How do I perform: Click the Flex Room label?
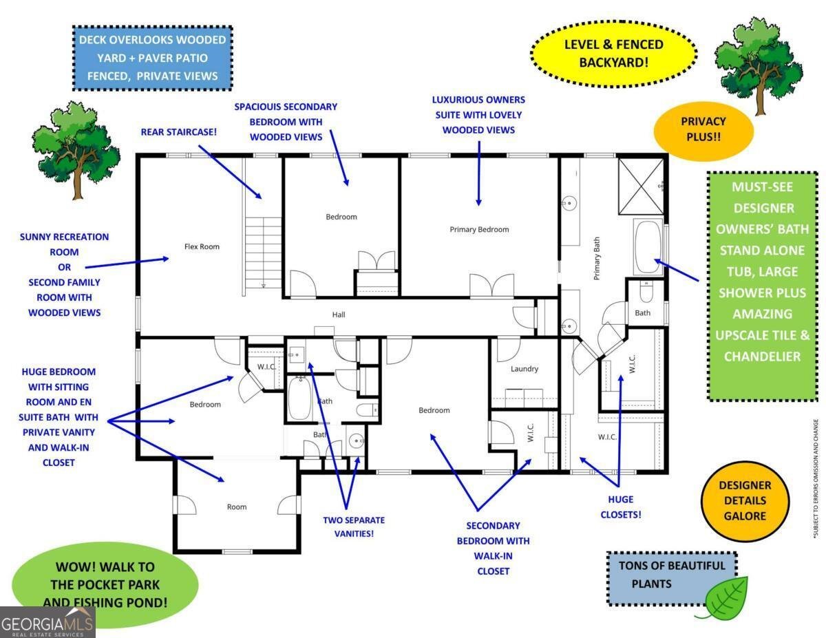[x=202, y=246]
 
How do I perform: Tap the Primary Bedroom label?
[x=479, y=229]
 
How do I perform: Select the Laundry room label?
[x=525, y=369]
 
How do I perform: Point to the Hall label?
[x=338, y=315]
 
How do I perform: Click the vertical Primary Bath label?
[x=596, y=258]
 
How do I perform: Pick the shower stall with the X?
[x=641, y=187]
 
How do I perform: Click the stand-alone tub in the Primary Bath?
[x=648, y=246]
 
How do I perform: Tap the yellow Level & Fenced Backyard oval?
[x=613, y=54]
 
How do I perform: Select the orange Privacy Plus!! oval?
[x=703, y=130]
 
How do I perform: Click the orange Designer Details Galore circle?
[x=745, y=501]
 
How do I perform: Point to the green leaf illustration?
[x=724, y=598]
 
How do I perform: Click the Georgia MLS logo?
[x=47, y=622]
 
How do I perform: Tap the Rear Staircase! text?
[x=179, y=132]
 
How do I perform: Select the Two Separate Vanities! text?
[x=354, y=527]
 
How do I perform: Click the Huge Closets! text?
[x=620, y=507]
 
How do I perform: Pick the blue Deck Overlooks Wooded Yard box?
[x=152, y=58]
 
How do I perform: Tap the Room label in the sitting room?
[x=236, y=507]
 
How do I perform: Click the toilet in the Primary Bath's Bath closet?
[x=646, y=292]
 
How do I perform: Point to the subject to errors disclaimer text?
[x=815, y=479]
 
